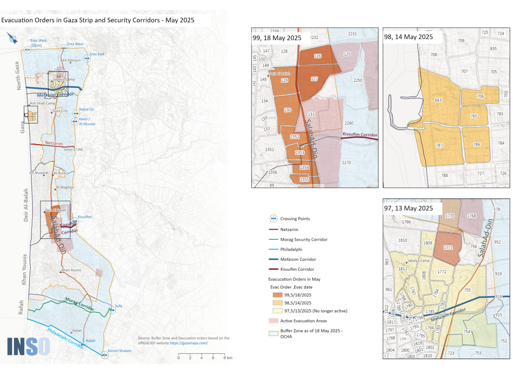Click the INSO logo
pos(28,347)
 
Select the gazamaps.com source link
pos(189,343)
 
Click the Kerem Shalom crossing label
pos(119,351)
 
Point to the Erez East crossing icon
pos(87,58)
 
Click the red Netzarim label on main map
pos(54,143)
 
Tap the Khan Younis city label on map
pos(71,270)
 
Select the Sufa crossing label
pos(119,306)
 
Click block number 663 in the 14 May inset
pos(438,100)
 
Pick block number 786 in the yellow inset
pos(476,145)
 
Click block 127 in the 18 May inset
pos(314,79)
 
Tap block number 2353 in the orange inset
pos(300,153)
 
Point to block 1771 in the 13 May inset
pos(448,248)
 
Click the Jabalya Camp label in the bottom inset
pos(418,261)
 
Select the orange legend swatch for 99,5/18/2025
pos(277,295)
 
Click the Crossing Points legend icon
pos(273,219)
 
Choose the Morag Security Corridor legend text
pos(304,240)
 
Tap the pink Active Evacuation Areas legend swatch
pos(273,321)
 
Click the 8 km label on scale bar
pos(228,358)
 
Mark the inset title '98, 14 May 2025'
pos(408,37)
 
